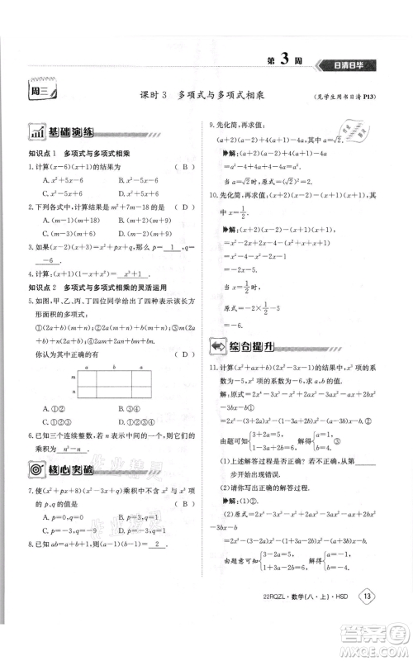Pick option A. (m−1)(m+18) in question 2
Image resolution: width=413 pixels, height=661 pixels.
pos(60,219)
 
